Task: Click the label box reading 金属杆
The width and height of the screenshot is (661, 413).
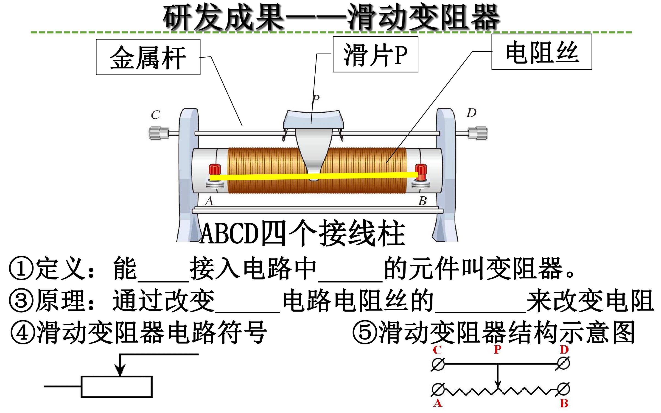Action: [148, 57]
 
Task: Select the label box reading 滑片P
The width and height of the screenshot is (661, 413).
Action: [375, 54]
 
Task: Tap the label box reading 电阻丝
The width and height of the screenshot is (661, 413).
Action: [542, 52]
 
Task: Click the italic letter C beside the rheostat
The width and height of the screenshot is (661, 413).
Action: [155, 115]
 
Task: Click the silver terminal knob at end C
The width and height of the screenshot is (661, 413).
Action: [155, 133]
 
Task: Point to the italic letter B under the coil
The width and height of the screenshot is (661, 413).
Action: [422, 201]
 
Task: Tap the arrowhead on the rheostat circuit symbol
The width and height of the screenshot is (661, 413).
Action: [120, 370]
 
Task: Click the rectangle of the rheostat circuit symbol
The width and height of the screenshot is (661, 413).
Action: [117, 387]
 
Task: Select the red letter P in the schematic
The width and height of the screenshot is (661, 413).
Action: [498, 349]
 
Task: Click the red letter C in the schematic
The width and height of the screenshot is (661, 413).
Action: [437, 350]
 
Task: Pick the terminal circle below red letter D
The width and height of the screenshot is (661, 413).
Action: [563, 364]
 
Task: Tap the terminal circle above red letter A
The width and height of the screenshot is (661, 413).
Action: [438, 389]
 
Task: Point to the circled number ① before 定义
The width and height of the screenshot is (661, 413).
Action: [21, 268]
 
